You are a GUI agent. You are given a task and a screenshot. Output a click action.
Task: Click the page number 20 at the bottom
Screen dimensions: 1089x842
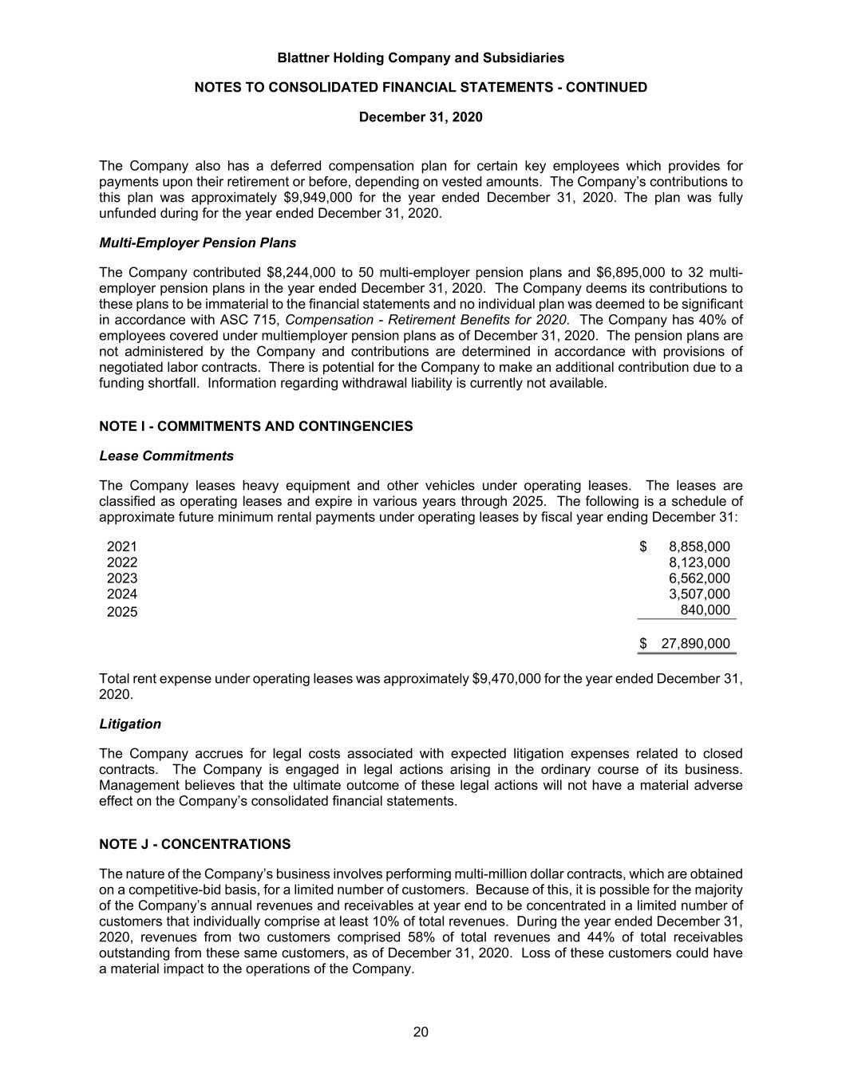tap(421, 1032)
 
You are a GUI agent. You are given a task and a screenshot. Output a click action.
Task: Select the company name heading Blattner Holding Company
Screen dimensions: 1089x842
tap(421, 57)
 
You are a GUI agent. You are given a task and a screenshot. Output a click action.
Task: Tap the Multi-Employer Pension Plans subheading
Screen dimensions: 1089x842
tap(197, 243)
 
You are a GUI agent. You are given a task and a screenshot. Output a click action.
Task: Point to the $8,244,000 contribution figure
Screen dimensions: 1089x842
tap(300, 272)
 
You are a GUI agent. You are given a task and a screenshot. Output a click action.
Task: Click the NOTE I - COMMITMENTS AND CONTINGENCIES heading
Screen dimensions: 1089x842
tap(255, 426)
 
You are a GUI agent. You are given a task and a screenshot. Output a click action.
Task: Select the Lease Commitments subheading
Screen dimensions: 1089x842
tap(166, 456)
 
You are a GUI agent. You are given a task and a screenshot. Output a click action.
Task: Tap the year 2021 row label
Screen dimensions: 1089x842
tap(122, 546)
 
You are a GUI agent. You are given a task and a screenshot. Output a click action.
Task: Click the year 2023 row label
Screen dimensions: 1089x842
tap(122, 578)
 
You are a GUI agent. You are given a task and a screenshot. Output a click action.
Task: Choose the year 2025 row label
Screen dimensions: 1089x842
tap(122, 612)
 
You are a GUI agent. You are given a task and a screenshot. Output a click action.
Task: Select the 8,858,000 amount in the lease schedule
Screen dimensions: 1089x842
tap(699, 546)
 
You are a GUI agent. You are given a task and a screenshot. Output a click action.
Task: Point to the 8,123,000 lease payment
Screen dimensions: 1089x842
tap(699, 562)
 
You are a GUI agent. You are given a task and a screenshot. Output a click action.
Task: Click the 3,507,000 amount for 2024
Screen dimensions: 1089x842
tap(699, 594)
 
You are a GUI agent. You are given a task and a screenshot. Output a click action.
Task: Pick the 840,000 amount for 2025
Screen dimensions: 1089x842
tap(705, 610)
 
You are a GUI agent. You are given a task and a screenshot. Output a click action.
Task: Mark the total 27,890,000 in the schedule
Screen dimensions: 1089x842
tap(695, 644)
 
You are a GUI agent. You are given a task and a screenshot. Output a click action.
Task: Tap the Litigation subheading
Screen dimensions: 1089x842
tap(130, 724)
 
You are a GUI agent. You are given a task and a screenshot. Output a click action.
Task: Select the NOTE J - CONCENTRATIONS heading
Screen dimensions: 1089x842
tap(195, 844)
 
